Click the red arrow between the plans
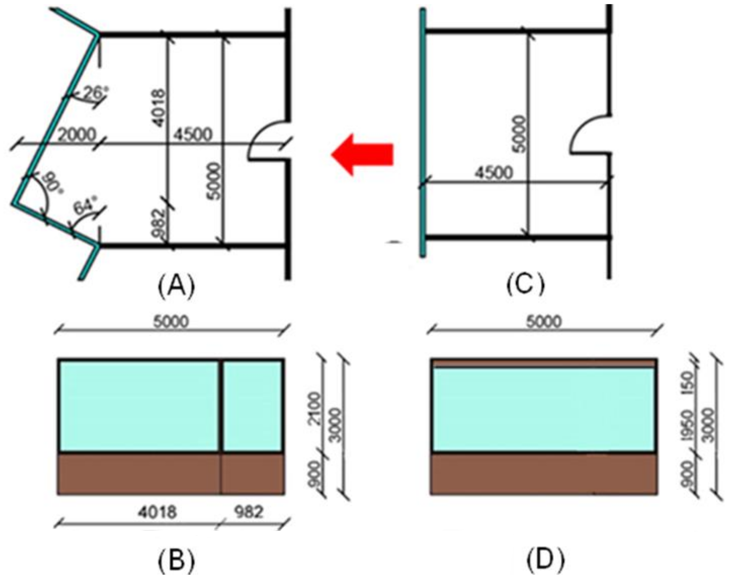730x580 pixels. point(362,154)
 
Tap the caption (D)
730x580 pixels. point(545,560)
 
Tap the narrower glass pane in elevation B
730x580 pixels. point(252,406)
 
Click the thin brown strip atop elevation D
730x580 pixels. point(544,363)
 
